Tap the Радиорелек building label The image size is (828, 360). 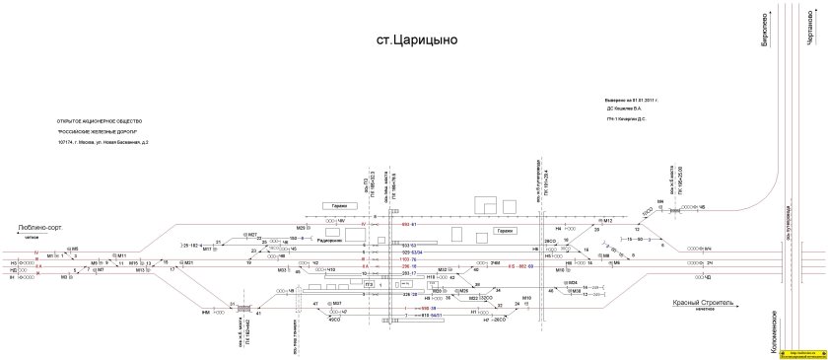coord(330,240)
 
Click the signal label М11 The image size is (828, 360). coord(122,254)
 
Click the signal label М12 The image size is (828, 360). coord(608,220)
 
